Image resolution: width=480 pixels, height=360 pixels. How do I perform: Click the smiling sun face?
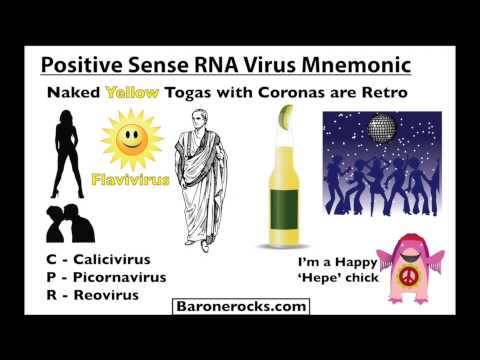click(x=131, y=141)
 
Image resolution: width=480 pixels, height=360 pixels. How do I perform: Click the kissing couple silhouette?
click(x=68, y=224)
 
